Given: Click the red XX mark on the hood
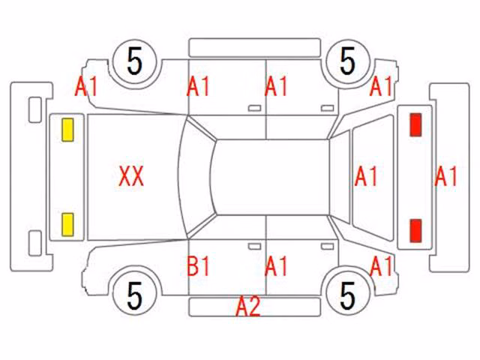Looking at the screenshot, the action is pos(131,176).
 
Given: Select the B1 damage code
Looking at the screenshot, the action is pos(198,265).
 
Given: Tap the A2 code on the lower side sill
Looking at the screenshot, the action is pos(248,306).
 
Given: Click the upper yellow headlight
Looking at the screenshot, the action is pos(67,130).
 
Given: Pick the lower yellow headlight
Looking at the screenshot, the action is pos(67,225).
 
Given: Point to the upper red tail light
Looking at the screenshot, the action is pos(415,124).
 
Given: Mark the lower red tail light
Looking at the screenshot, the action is pos(415,230).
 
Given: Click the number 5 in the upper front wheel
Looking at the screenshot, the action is pos(135,61).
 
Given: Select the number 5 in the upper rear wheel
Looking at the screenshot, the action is pos(347,61).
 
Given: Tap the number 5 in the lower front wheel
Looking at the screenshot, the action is pos(135,295).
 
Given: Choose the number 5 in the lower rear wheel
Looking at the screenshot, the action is pos(347,295).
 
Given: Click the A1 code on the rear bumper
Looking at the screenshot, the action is pos(446,176).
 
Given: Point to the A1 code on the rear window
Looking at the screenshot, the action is pos(366,176).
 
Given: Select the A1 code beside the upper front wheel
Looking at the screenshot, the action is pos(86,86).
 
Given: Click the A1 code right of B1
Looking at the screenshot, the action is pos(276,265).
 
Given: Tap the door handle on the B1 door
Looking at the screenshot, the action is pos(254,247).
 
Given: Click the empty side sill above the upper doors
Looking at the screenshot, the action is pos(255,48).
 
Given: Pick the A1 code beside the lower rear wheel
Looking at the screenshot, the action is pos(381,265).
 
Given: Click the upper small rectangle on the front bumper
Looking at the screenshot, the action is pos(35,109).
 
